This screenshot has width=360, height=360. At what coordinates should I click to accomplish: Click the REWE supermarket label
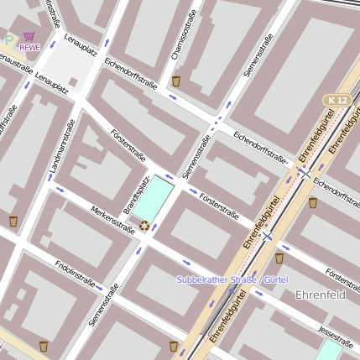[29, 47]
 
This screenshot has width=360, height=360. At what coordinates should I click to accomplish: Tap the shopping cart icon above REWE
[29, 36]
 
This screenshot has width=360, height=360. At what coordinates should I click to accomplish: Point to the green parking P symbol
[8, 39]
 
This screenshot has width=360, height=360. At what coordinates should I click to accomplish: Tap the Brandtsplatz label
[136, 195]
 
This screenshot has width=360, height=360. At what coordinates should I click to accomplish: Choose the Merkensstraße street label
[112, 220]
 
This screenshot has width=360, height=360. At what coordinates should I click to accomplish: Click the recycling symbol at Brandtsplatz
[144, 225]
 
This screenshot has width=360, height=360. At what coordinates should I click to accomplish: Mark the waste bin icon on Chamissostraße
[176, 81]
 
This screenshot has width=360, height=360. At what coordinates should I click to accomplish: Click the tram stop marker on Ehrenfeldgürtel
[267, 237]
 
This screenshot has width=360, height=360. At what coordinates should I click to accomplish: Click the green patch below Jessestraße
[328, 350]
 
